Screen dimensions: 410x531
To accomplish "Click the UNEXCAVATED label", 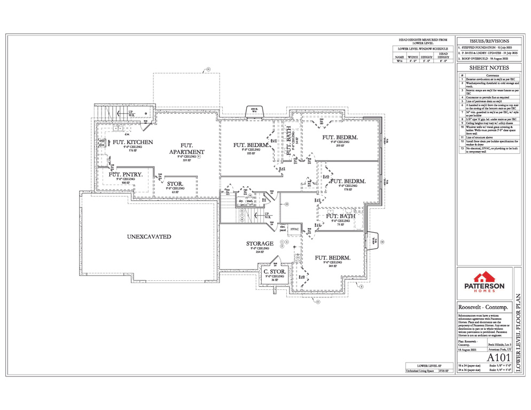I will [149, 236].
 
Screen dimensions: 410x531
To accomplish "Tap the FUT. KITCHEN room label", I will [132, 143].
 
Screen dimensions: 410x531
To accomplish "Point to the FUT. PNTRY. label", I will [121, 175].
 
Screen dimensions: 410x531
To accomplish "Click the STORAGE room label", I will [260, 244].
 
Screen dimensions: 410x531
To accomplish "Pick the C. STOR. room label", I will [275, 272].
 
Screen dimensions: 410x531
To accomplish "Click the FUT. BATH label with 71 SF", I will [339, 216].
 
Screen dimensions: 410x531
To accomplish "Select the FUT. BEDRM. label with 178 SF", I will [348, 182].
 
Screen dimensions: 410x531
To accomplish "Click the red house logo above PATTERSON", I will [485, 276].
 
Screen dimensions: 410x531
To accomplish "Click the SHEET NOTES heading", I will [488, 68].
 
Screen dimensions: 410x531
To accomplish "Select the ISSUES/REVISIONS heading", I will [488, 41].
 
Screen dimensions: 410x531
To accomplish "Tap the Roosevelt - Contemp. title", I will [483, 307].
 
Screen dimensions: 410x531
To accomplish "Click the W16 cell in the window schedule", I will [399, 61].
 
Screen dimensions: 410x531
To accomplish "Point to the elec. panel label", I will [283, 228].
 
